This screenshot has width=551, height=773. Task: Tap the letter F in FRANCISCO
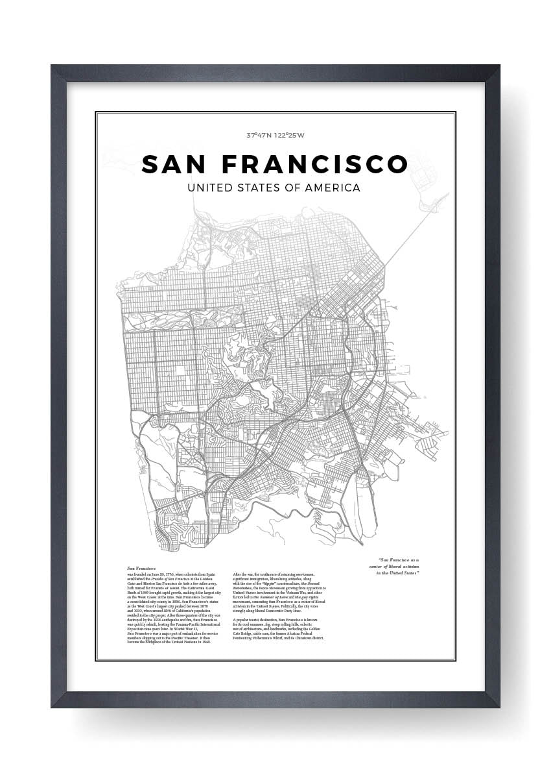[x=231, y=164]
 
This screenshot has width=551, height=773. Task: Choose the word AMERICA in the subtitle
[x=334, y=188]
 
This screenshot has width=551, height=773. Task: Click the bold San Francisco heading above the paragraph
[x=141, y=568]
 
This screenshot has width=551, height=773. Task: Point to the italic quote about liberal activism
[x=390, y=567]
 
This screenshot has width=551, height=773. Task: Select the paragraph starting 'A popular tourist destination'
[x=279, y=630]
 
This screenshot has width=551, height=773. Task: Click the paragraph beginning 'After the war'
[x=279, y=594]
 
